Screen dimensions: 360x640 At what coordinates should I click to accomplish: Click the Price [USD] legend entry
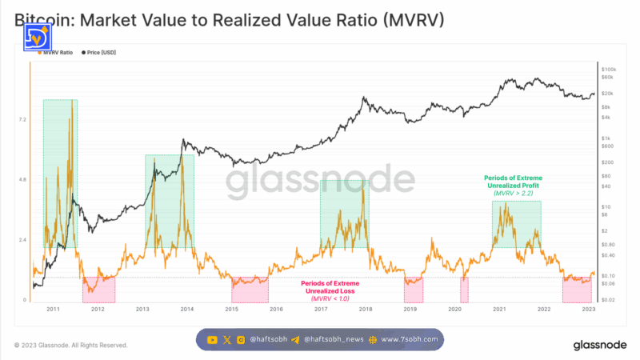pyautogui.click(x=101, y=51)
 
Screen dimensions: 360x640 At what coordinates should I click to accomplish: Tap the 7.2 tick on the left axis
pyautogui.click(x=23, y=119)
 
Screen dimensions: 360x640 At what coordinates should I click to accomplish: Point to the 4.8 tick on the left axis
pyautogui.click(x=23, y=179)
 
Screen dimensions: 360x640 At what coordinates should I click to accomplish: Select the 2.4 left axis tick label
pyautogui.click(x=23, y=240)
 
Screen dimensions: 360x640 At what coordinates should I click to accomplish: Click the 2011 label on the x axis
pyautogui.click(x=54, y=309)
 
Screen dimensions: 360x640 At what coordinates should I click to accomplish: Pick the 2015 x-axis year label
pyautogui.click(x=232, y=309)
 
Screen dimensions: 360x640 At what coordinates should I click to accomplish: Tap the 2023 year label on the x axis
pyautogui.click(x=588, y=309)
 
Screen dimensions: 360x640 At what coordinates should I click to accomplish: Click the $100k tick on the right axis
pyautogui.click(x=608, y=69)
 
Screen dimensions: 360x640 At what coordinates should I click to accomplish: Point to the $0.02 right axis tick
pyautogui.click(x=608, y=299)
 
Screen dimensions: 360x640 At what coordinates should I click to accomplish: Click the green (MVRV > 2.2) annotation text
pyautogui.click(x=516, y=194)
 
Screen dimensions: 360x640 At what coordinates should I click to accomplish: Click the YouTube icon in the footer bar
pyautogui.click(x=212, y=339)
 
